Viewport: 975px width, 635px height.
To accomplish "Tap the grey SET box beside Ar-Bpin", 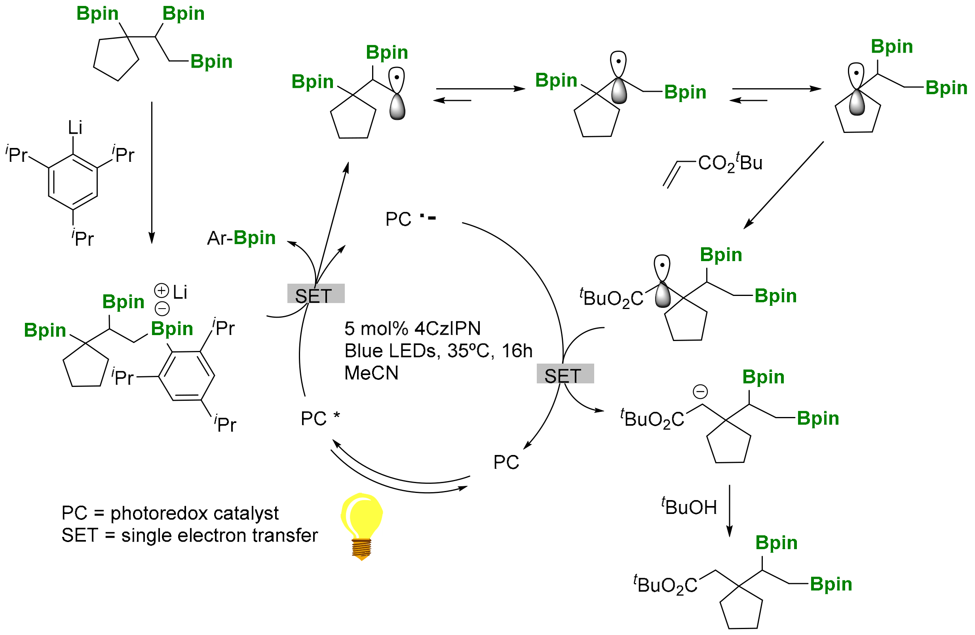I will tap(315, 294).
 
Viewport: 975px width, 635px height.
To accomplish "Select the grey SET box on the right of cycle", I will tap(565, 373).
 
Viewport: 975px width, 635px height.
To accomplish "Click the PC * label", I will tap(320, 419).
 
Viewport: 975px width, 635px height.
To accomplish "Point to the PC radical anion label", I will tap(410, 219).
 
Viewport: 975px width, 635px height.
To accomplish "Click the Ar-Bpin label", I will tap(241, 238).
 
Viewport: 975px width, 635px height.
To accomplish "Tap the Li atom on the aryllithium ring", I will tap(75, 128).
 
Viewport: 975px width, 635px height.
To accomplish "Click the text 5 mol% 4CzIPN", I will tap(412, 328).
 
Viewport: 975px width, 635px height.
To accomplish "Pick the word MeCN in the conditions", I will tap(371, 373).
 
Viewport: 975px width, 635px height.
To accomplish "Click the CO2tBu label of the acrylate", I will tap(730, 163).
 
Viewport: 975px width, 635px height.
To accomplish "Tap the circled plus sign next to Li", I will tap(162, 290).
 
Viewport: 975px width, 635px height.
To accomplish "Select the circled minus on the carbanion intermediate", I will tap(700, 392).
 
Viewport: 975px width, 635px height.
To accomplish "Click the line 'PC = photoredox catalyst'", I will tap(169, 513).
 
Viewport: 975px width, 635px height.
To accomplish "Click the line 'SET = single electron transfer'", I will tap(189, 536).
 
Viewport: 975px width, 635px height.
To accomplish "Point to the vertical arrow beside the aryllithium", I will tap(152, 172).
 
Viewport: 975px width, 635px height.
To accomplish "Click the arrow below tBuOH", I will tap(729, 510).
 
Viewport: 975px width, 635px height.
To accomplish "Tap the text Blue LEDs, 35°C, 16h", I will tap(438, 351).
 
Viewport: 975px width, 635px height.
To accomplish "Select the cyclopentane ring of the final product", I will tap(741, 609).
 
